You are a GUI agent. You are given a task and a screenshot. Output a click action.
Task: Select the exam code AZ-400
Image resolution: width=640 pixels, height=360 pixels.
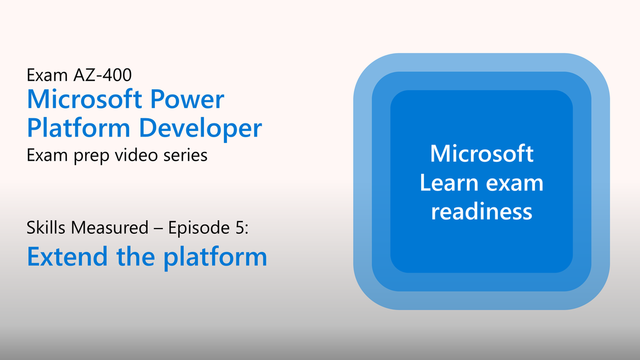102,75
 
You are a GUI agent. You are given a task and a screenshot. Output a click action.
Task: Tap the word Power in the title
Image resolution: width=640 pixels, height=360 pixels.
187,99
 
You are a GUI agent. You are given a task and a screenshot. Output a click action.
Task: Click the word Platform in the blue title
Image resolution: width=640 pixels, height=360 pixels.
78,128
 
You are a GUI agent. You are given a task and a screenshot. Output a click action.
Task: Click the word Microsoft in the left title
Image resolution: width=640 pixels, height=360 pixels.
84,99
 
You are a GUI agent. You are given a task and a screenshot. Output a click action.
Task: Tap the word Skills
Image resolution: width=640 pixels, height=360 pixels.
46,227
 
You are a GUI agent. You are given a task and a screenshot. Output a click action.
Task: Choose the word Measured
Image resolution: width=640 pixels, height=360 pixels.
109,227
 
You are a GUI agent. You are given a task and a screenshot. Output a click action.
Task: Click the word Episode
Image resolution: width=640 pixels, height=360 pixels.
199,228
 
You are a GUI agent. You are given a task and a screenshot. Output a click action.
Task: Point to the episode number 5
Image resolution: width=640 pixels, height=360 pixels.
240,228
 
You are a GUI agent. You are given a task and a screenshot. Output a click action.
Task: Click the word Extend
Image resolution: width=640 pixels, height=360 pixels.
67,257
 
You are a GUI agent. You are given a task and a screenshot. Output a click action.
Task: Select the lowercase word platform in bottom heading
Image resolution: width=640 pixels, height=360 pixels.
215,258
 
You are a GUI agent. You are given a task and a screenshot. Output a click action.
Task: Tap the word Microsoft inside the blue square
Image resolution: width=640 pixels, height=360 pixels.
482,154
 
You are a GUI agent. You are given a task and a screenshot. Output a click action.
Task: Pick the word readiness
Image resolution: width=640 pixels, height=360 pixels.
482,211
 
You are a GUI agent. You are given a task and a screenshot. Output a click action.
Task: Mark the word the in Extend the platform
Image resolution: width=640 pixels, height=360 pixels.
135,257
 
